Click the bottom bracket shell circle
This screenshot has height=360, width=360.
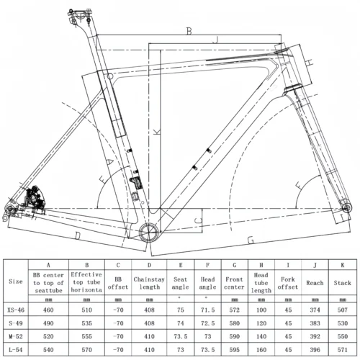tap(152, 230)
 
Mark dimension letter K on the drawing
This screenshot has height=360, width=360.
tap(156, 131)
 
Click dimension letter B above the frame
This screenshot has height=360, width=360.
tap(189, 31)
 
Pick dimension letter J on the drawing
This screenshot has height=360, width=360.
tap(215, 41)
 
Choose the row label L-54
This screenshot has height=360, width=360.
tap(14, 348)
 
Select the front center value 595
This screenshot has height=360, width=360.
tap(234, 348)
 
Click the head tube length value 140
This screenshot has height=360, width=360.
tap(262, 336)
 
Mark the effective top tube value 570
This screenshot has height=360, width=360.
tap(86, 348)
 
